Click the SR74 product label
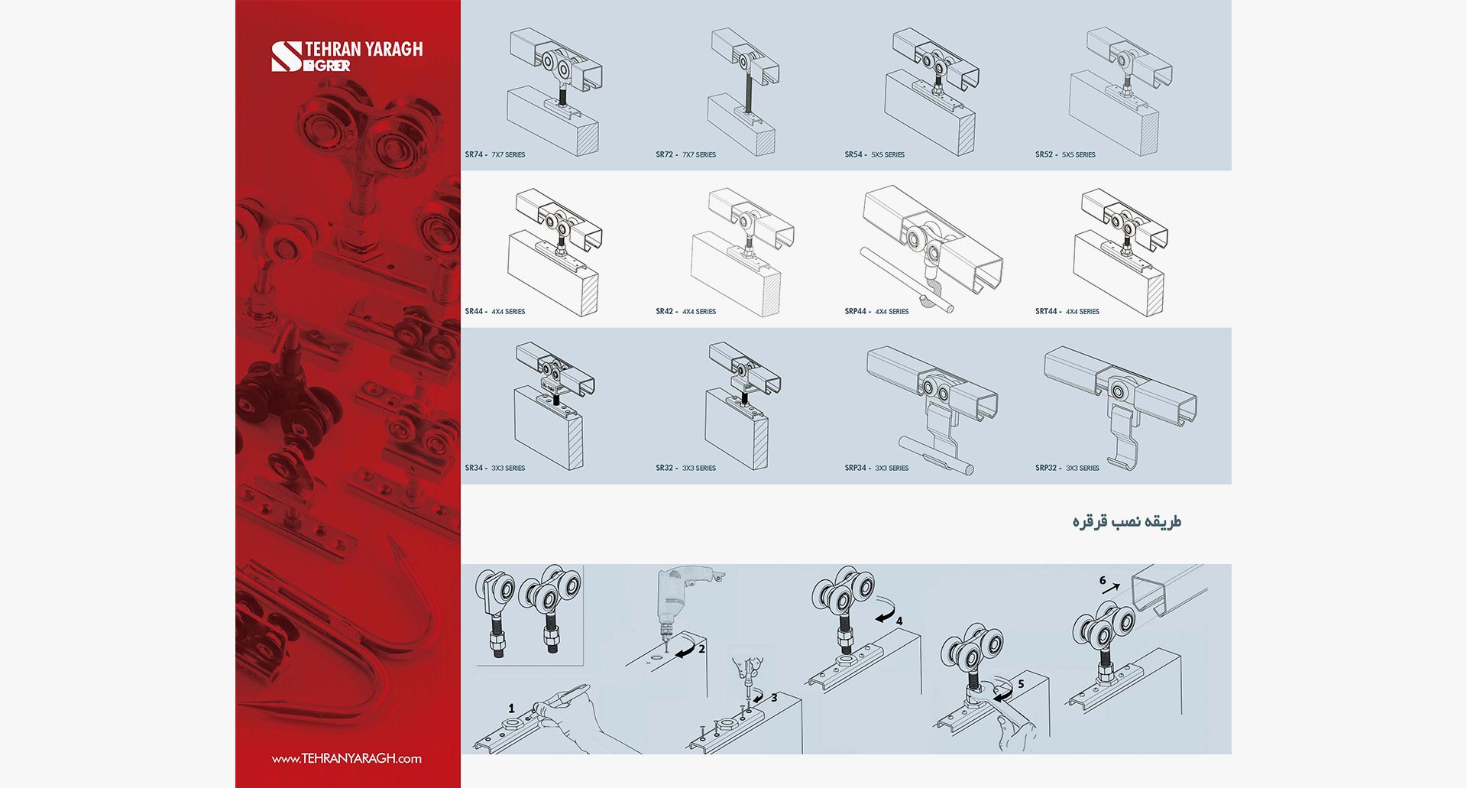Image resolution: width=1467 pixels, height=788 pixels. (495, 154)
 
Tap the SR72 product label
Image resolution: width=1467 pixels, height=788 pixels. (685, 154)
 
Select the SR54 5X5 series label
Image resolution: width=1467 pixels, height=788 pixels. (874, 154)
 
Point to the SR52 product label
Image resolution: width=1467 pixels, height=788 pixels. (1065, 154)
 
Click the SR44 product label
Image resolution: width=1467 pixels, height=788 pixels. (495, 311)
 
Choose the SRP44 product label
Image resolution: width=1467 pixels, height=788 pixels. (876, 311)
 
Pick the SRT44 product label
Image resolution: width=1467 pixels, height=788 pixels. (1067, 311)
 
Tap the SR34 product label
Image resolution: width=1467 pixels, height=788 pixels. (495, 468)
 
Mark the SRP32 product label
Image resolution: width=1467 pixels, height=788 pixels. (1067, 468)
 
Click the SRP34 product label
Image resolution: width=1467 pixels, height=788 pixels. (876, 468)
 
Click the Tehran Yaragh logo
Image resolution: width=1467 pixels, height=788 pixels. (347, 57)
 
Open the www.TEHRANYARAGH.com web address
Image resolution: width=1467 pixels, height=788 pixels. (347, 758)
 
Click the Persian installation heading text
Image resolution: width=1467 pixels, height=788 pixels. (1126, 521)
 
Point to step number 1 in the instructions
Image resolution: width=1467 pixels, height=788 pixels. (512, 709)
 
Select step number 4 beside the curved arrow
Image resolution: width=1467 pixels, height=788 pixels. (899, 621)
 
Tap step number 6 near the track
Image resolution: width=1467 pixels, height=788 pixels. (1103, 580)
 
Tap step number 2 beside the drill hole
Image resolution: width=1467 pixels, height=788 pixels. (701, 648)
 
